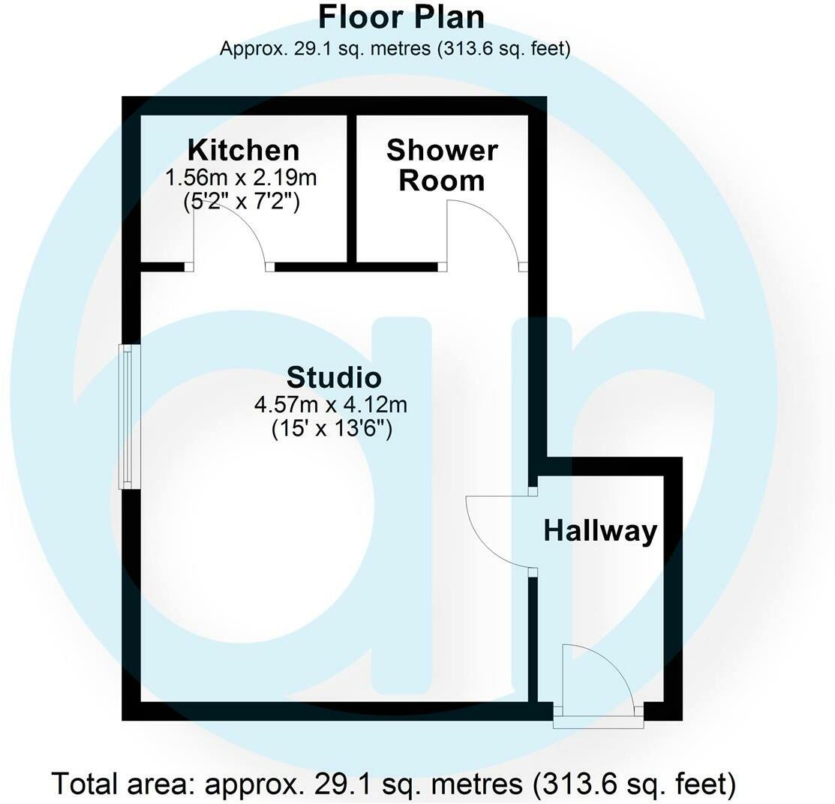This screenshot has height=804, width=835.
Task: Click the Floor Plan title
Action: (x=401, y=16)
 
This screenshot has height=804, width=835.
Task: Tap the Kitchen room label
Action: (x=243, y=150)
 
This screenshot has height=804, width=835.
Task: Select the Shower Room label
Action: (x=442, y=165)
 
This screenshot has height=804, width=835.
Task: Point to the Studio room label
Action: (x=334, y=376)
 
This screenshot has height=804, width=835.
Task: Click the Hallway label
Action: (x=600, y=531)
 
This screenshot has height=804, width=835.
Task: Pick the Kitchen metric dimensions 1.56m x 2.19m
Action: (x=244, y=178)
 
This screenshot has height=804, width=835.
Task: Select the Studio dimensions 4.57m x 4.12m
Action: (x=331, y=406)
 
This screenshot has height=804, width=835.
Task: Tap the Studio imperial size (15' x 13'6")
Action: (x=332, y=430)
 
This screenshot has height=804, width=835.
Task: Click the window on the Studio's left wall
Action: (x=131, y=417)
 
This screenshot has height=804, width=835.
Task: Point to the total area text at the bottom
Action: (x=393, y=784)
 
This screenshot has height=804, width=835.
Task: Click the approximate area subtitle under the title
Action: (x=395, y=49)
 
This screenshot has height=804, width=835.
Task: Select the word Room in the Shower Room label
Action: (x=441, y=181)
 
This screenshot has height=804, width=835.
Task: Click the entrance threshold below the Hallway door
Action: (x=599, y=722)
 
